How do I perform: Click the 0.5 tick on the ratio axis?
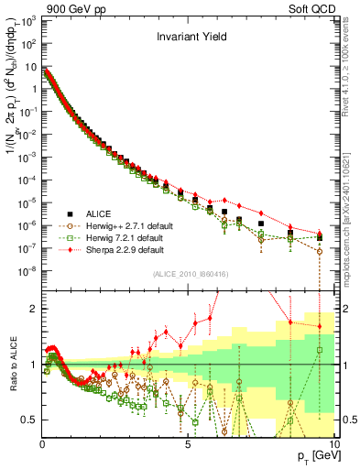30,420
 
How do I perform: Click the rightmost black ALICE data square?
319,236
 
